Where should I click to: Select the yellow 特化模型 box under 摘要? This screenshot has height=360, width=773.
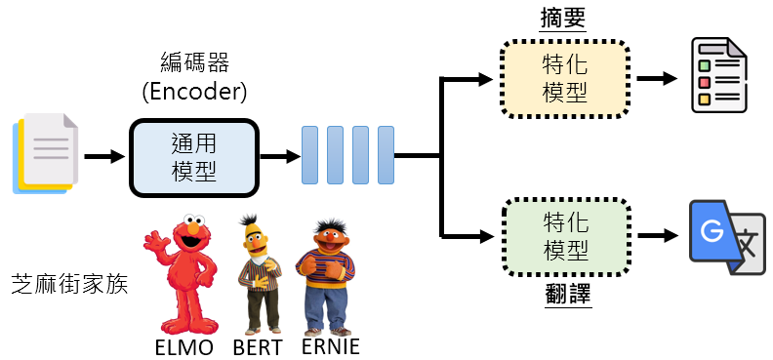click(565, 80)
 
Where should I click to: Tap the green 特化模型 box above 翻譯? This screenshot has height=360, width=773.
click(565, 236)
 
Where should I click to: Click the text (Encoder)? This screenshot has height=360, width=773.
click(194, 94)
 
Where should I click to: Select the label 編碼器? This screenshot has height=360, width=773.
click(194, 64)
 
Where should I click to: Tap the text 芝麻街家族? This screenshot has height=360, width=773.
click(69, 286)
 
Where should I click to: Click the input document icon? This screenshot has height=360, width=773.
click(45, 153)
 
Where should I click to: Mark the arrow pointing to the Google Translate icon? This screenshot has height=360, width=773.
click(660, 236)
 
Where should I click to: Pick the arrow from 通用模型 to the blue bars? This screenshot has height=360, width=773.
click(278, 156)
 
